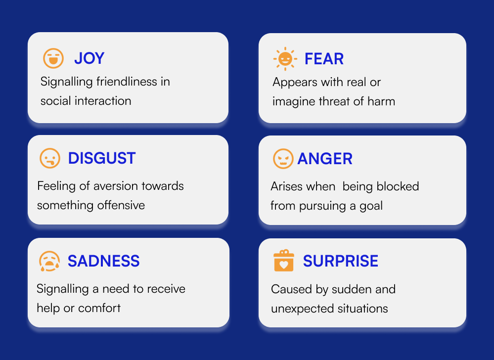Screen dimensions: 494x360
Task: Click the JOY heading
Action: (x=89, y=58)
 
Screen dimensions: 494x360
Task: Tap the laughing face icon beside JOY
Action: (x=53, y=58)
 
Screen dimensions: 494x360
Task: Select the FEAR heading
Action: (x=324, y=59)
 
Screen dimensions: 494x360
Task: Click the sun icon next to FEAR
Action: (x=285, y=58)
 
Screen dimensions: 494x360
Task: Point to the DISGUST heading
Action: (x=102, y=158)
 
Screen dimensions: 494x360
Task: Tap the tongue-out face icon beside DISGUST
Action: (x=50, y=158)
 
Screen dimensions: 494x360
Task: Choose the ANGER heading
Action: (x=325, y=158)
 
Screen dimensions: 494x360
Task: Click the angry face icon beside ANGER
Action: (x=283, y=159)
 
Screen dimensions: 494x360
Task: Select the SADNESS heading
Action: (x=104, y=261)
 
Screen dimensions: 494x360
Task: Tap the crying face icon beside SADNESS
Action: (x=49, y=261)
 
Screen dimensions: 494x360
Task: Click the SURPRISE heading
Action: (x=341, y=261)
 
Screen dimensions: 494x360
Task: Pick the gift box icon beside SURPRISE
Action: (x=284, y=261)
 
